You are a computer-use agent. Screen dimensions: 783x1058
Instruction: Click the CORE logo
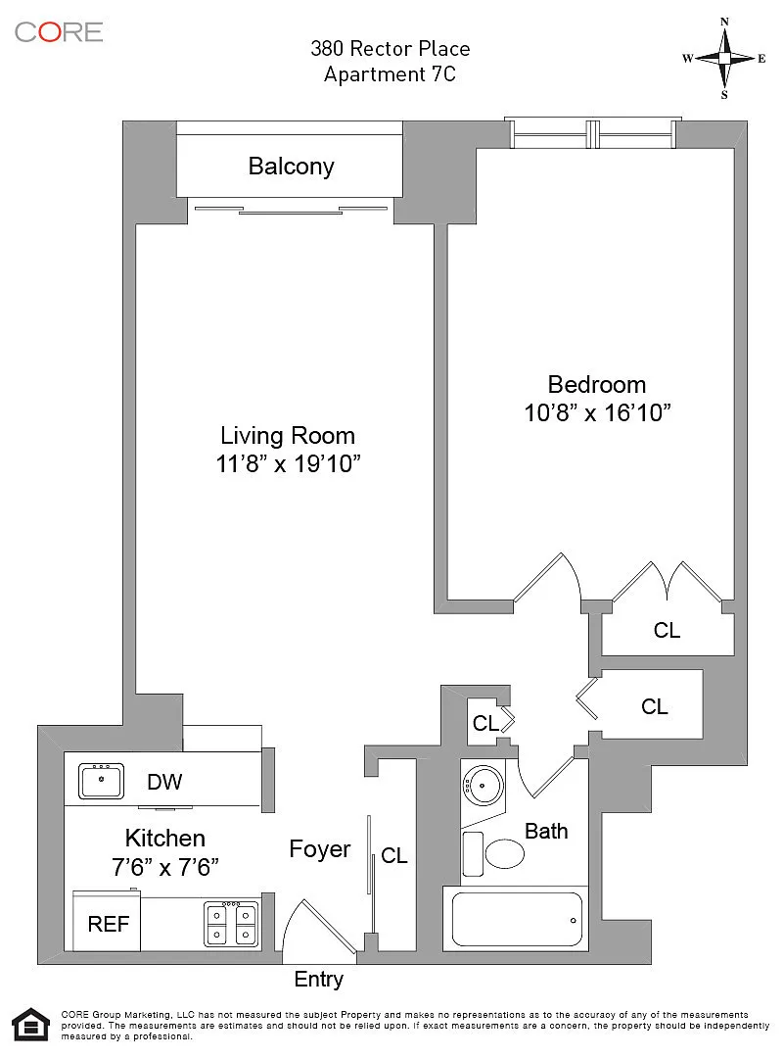click(59, 31)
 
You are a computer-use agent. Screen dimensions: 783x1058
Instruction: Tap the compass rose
click(724, 59)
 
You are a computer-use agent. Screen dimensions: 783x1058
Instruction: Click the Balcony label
click(291, 166)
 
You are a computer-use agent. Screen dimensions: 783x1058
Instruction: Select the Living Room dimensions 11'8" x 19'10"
click(288, 463)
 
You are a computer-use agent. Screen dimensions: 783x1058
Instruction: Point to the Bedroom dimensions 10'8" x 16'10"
click(597, 412)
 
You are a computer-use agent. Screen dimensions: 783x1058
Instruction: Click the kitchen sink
click(101, 782)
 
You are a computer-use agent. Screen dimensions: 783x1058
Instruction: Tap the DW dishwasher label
click(164, 782)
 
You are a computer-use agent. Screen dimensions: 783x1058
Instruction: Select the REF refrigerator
click(108, 922)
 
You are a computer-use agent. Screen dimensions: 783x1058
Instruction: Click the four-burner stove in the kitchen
click(231, 924)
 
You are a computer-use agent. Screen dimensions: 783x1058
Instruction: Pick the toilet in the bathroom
click(495, 851)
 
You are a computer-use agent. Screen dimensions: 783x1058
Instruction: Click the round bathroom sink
click(484, 786)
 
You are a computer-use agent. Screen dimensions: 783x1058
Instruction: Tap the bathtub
click(517, 919)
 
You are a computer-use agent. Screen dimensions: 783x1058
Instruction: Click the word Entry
click(318, 979)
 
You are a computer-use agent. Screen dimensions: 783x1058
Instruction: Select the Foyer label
click(320, 848)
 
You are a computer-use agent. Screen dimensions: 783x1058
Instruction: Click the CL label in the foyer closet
click(393, 855)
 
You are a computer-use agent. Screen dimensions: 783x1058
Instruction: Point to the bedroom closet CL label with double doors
click(667, 630)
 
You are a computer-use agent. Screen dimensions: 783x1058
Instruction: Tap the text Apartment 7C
click(390, 74)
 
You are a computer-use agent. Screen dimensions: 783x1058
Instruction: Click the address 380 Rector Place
click(390, 49)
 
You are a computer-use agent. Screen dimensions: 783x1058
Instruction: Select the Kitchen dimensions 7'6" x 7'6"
click(165, 866)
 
